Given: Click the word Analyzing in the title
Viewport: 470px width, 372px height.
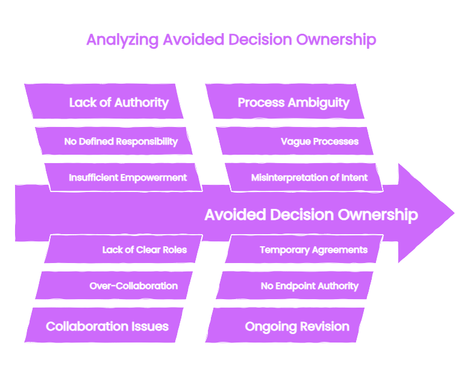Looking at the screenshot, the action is [x=122, y=40].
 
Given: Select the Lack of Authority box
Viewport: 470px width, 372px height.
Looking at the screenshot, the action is [x=104, y=101].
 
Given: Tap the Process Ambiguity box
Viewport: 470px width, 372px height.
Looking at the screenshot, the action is [x=285, y=101].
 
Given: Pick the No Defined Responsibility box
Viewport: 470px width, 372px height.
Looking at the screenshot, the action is [x=114, y=141].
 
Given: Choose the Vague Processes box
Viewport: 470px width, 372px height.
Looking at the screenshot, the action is [x=295, y=141].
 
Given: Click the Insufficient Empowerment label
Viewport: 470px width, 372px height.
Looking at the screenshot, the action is [x=128, y=178].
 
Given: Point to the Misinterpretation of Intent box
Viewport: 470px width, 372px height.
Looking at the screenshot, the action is [x=304, y=178].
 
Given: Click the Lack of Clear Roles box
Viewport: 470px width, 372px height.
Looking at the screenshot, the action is [x=124, y=249].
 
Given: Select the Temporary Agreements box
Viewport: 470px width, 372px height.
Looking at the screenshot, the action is [x=304, y=249].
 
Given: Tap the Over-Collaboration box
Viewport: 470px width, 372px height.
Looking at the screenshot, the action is [x=114, y=285].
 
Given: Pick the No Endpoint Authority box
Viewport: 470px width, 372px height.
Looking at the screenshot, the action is [x=295, y=285].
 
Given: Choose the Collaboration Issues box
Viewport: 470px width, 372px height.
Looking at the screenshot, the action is [x=104, y=325].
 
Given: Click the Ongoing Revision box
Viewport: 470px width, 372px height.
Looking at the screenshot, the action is [x=285, y=325].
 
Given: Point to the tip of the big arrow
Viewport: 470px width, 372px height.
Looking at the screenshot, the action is [x=454, y=213].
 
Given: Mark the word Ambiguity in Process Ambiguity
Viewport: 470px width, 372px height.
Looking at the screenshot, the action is [x=319, y=103].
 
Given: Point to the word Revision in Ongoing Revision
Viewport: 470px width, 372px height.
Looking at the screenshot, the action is [x=325, y=326].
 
